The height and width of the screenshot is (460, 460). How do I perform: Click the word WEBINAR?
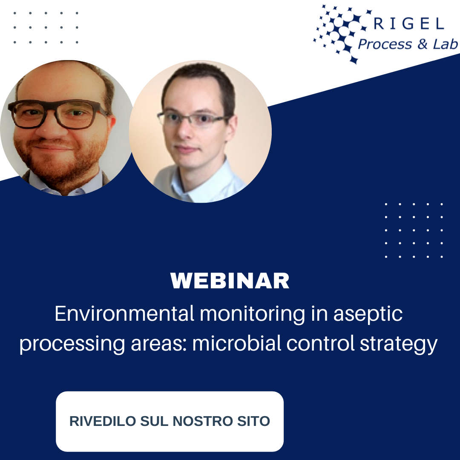tap(230, 281)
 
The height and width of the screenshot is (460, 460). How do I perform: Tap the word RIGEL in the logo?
tap(408, 24)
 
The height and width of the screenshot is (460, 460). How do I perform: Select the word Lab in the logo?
tap(445, 44)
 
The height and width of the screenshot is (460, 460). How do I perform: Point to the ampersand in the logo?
tap(422, 44)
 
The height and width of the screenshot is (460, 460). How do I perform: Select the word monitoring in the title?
tap(252, 314)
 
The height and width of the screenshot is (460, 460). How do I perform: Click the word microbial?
tap(236, 343)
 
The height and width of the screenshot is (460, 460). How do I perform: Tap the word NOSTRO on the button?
tap(201, 421)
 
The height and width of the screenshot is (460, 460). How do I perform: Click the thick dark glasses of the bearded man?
tap(60, 114)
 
